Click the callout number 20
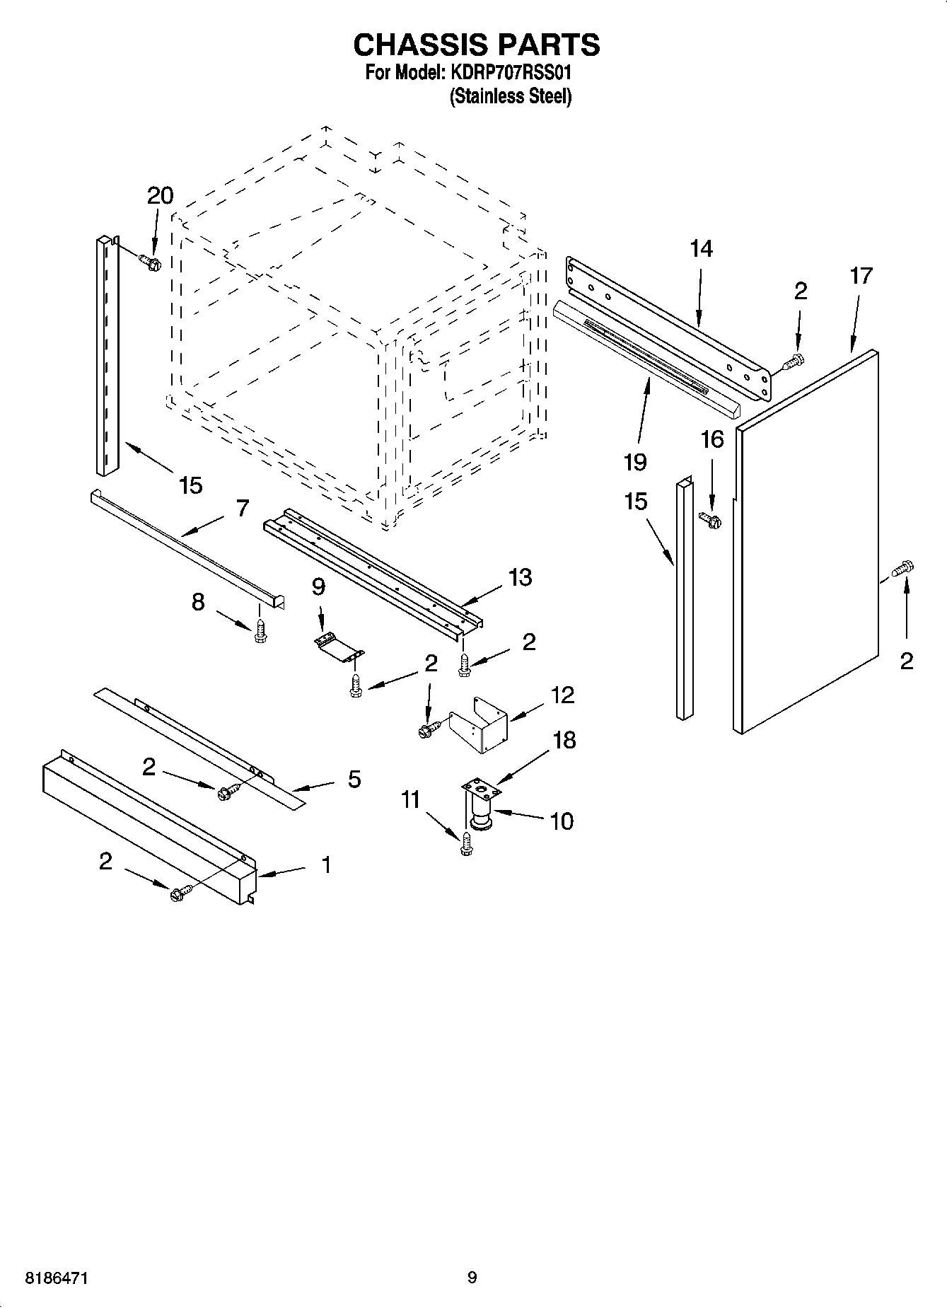(160, 196)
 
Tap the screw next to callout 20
(151, 262)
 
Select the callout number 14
(701, 249)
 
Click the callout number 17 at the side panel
(861, 276)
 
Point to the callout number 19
(635, 462)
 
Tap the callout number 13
(520, 577)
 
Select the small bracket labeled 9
(338, 645)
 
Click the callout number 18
(564, 740)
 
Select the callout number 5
(354, 780)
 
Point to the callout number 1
(326, 864)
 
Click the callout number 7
(243, 508)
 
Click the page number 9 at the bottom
(472, 1278)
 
